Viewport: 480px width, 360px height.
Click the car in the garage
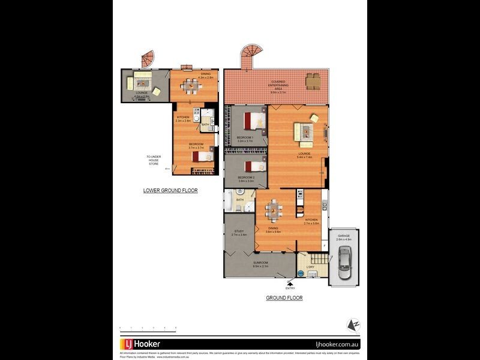344,263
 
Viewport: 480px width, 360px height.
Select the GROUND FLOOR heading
284,298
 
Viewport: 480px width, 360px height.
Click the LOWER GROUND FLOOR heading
170,191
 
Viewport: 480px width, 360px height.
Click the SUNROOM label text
260,263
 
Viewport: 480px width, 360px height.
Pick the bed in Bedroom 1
255,121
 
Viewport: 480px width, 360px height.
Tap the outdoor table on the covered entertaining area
313,80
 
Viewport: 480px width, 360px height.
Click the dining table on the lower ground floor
191,86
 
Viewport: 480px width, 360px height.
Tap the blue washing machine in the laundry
301,272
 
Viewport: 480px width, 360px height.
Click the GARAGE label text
344,236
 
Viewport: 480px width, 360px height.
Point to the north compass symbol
353,325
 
